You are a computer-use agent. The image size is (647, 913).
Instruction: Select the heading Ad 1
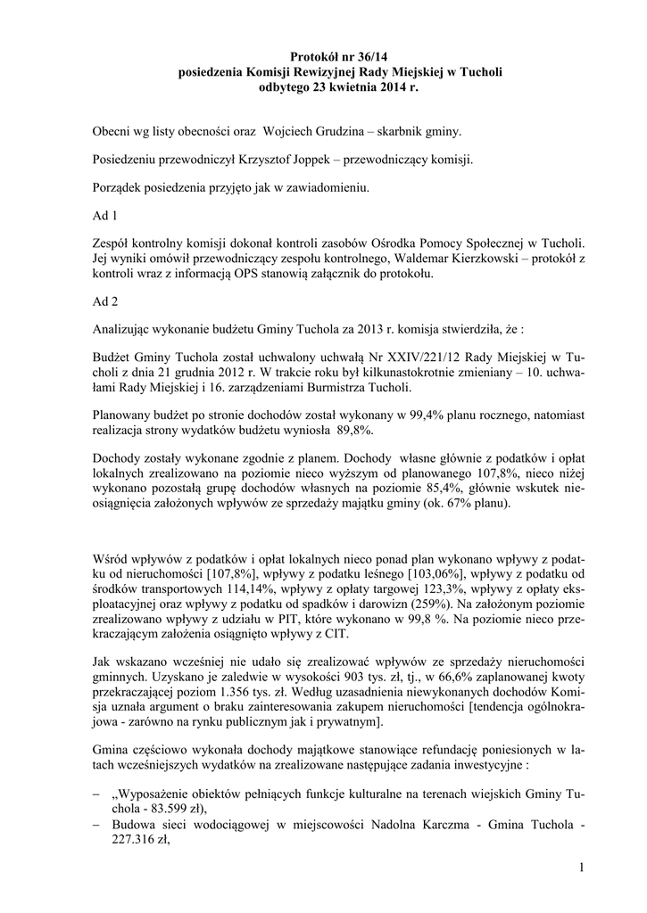point(105,216)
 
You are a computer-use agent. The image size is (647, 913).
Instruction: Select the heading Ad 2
point(105,300)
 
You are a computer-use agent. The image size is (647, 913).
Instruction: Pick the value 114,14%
point(228,581)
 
